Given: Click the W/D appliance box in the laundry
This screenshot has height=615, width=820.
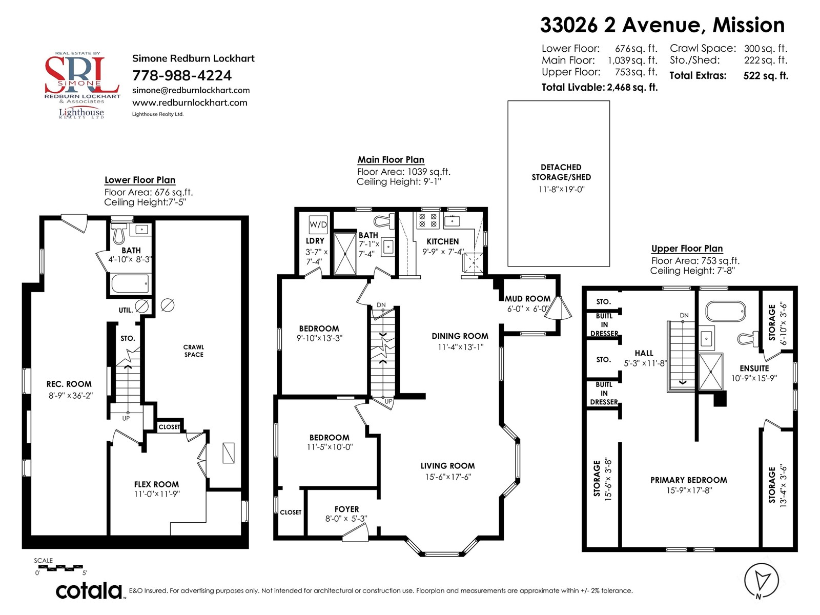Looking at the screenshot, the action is tap(318, 224).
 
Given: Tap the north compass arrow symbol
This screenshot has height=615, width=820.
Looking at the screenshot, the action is tap(762, 581).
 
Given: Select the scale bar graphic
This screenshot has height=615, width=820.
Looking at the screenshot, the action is tap(60, 567).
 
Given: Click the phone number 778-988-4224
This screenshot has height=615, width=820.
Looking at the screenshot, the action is tap(182, 75).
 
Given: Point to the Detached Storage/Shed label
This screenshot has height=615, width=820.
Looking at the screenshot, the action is tap(561, 172).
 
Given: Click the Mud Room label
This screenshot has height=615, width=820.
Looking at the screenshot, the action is tap(527, 299).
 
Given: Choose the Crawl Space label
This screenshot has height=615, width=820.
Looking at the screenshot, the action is tap(194, 351).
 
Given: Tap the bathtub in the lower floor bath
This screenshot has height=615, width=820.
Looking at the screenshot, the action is tap(131, 284).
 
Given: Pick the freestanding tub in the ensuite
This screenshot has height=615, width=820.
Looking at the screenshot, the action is tap(726, 311).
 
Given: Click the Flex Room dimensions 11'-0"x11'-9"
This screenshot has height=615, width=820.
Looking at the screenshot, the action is tap(157, 494).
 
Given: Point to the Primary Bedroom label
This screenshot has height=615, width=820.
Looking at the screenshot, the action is tap(689, 480).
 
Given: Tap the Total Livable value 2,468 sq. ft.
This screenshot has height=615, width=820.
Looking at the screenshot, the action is tap(632, 87).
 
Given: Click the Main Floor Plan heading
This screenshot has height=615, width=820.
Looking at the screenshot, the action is tap(391, 160).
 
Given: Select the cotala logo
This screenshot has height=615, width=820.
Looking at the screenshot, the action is tap(89, 591).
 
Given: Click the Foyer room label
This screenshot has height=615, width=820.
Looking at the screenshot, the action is tap(346, 509).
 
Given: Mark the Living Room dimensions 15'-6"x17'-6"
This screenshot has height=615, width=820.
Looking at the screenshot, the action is tap(448, 477).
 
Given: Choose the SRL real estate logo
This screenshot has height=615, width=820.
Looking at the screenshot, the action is tap(82, 85).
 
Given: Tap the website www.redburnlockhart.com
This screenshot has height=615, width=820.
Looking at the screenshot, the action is tap(190, 102).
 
